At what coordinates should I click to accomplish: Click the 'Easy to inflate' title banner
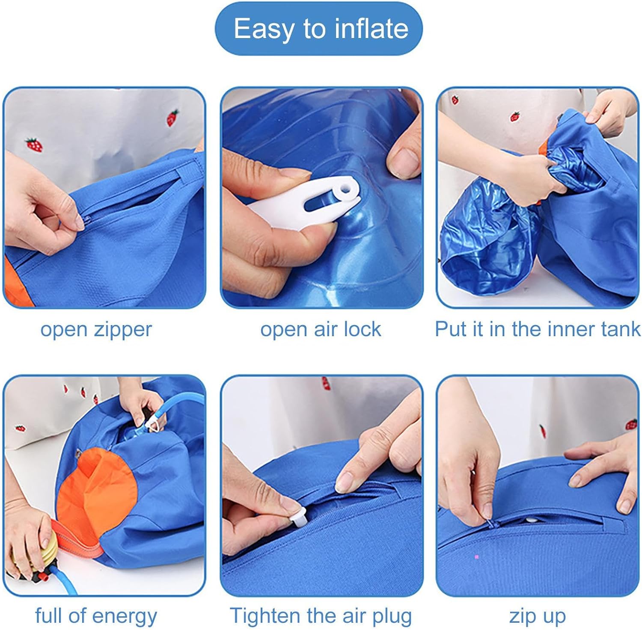319,29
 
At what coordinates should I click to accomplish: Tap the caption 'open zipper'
96,330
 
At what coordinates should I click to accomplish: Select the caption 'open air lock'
321,330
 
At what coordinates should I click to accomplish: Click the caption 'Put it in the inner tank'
538,329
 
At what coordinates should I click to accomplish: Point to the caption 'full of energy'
96,616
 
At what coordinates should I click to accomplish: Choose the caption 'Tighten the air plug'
321,616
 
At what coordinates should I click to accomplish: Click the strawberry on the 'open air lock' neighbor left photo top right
172,118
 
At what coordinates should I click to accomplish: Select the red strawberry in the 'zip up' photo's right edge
631,424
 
